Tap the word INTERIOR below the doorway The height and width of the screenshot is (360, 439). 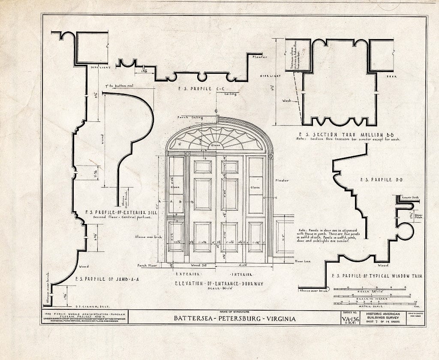click(x=242, y=274)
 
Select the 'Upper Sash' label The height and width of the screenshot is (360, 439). click(x=418, y=215)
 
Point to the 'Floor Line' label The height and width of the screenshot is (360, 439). click(x=302, y=261)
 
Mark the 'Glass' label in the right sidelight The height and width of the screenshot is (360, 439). click(x=255, y=188)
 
